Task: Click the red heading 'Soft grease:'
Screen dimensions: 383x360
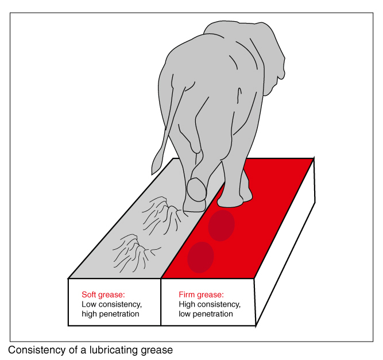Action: click(x=103, y=295)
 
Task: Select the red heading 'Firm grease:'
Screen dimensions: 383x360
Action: click(x=201, y=295)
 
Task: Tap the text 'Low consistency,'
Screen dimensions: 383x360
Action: click(x=111, y=304)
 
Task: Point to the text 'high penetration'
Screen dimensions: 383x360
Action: click(x=110, y=314)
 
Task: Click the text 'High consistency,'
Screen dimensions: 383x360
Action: click(x=210, y=304)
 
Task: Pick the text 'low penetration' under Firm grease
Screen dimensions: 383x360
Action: click(x=206, y=314)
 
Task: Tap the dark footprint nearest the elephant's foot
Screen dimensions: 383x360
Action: click(x=221, y=226)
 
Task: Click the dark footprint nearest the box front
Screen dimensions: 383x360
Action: click(x=200, y=257)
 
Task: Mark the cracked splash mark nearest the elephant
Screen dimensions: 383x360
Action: click(x=163, y=215)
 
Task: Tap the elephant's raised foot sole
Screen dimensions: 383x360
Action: click(x=197, y=189)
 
